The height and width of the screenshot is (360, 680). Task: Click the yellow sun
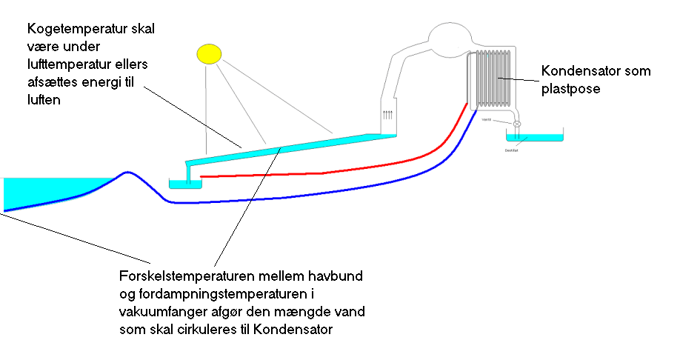click(x=209, y=53)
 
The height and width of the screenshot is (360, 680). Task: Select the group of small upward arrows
click(x=388, y=115)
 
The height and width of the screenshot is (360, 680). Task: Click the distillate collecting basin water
click(x=533, y=138)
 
